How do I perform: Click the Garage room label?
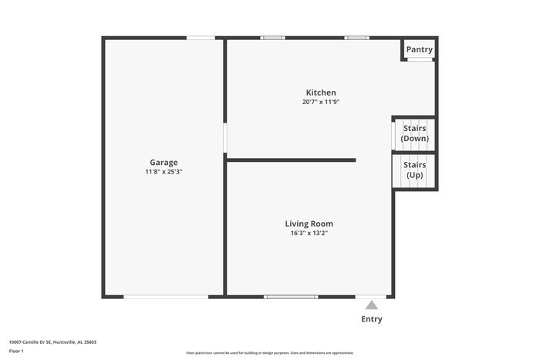pos(164,162)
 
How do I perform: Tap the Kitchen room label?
pos(321,93)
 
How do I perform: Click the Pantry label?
pos(420,50)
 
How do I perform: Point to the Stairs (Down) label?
pos(415,133)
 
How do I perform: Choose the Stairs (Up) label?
pos(415,170)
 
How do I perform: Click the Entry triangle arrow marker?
pos(372,305)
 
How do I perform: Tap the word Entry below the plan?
pos(372,319)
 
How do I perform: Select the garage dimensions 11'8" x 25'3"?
pos(164,172)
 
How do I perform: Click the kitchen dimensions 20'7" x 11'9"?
pos(321,103)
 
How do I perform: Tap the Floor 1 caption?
pos(16,351)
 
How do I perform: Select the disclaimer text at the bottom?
pos(270,352)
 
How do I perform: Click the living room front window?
pos(291,297)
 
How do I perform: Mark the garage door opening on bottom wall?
pos(165,297)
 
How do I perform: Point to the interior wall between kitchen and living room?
pos(292,160)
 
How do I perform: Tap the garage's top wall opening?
pos(201,37)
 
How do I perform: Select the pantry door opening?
pos(420,60)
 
